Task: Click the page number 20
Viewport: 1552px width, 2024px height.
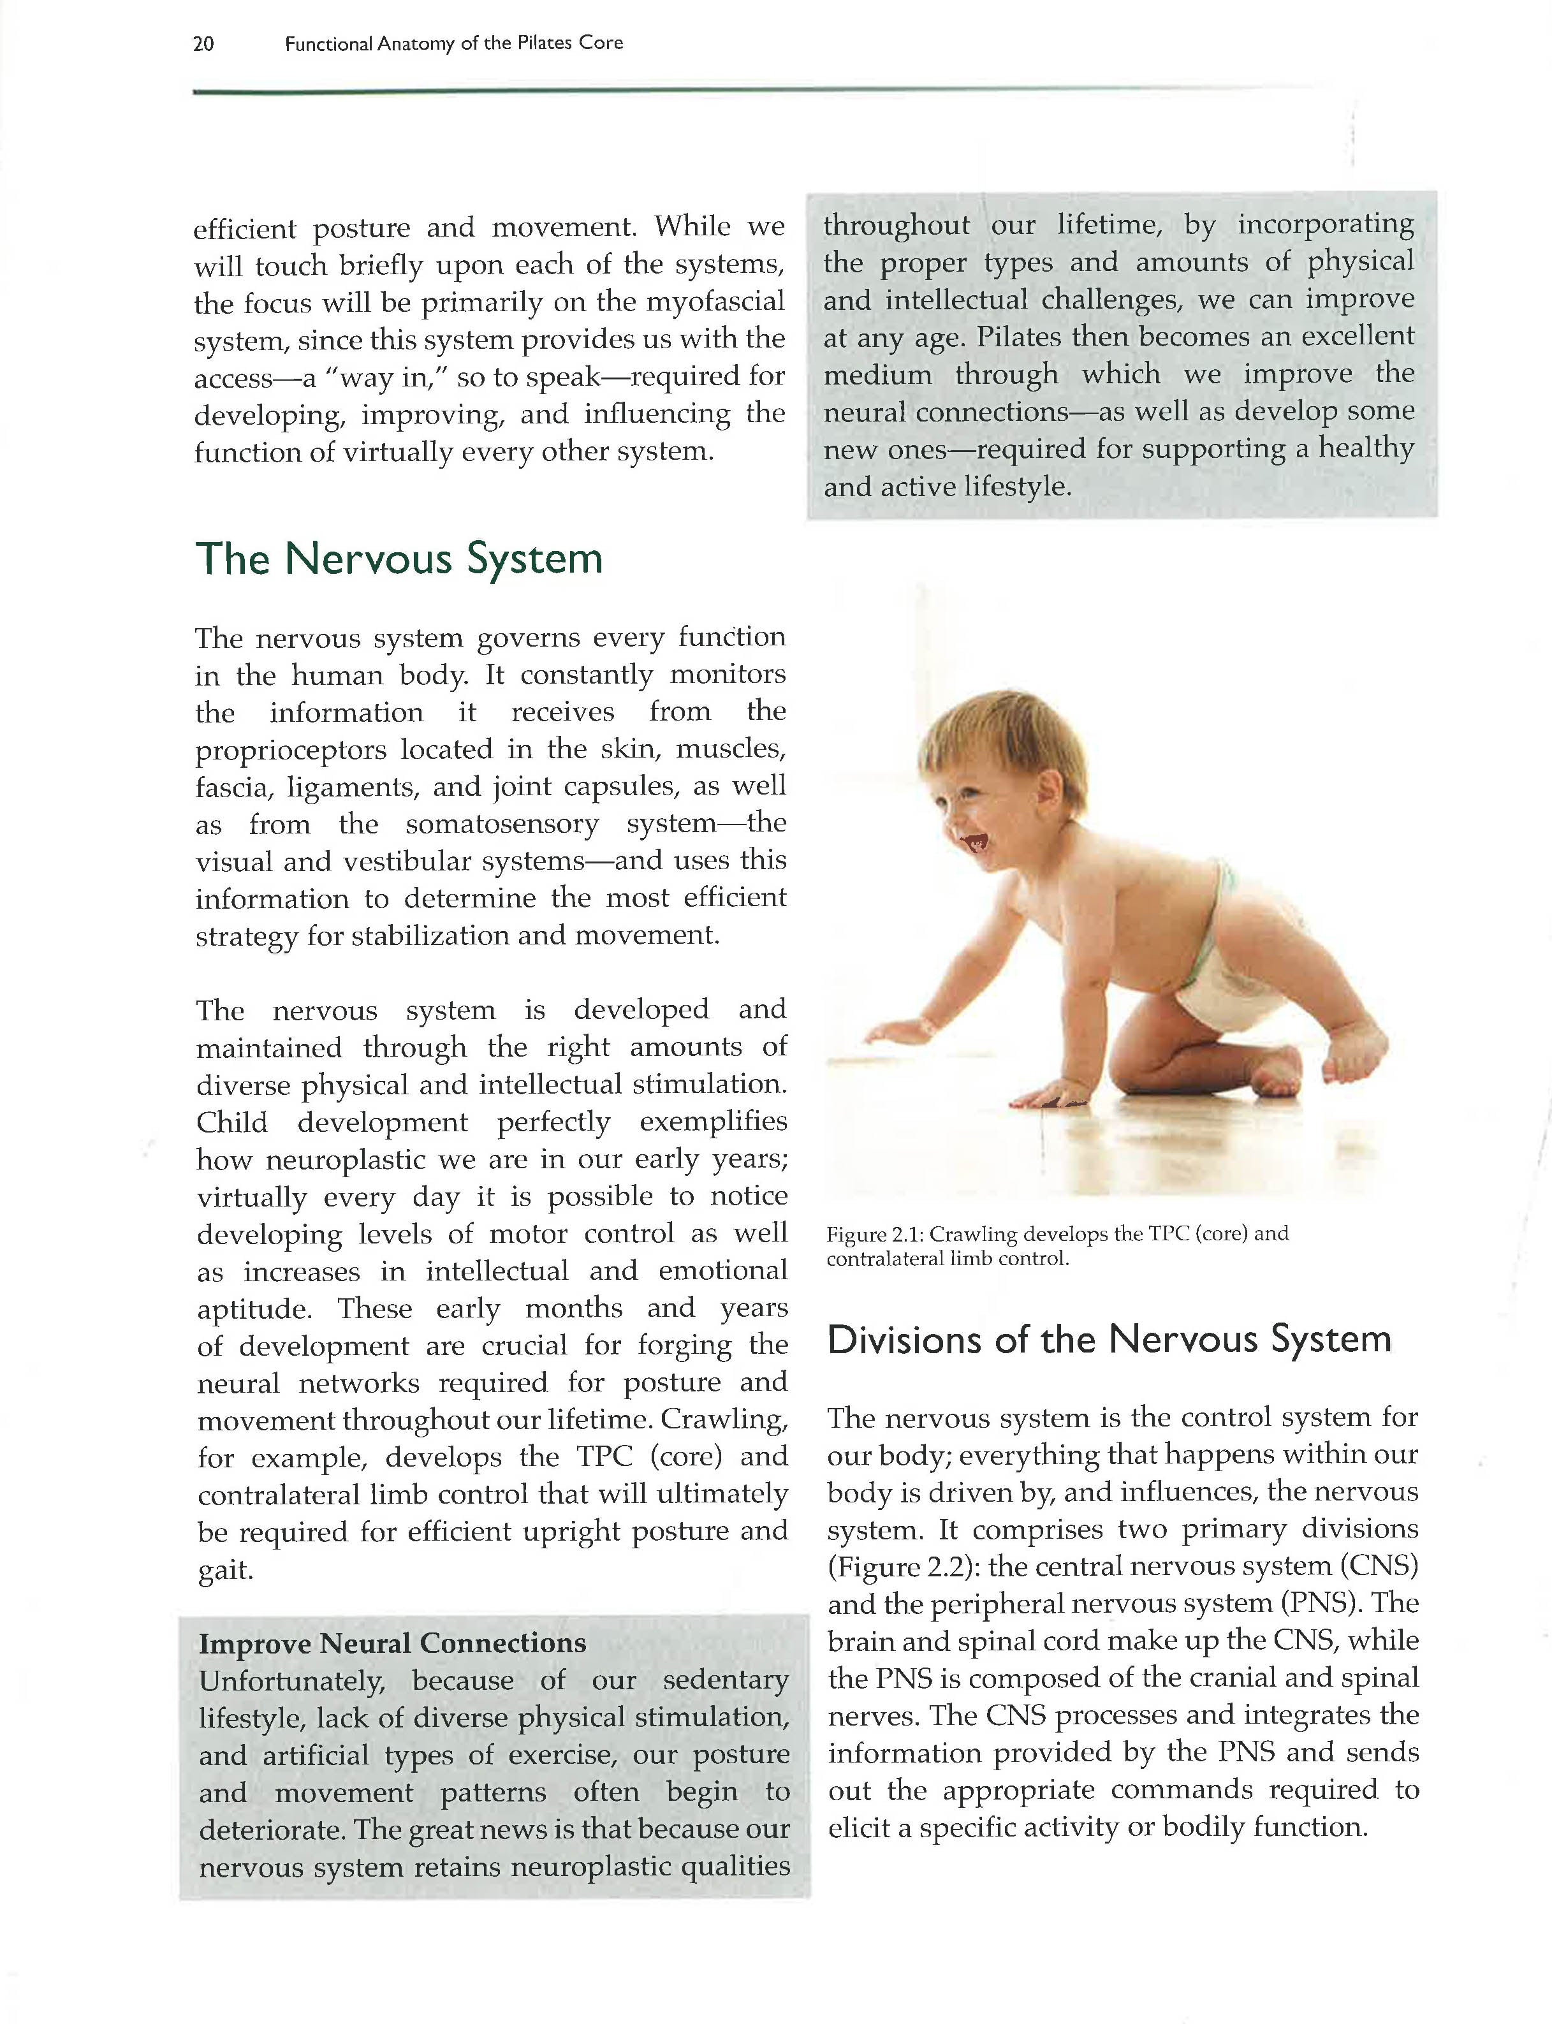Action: (x=203, y=43)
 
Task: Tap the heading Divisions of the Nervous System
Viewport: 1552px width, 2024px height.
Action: (x=1109, y=1340)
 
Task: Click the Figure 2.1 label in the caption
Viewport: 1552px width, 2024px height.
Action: (x=875, y=1234)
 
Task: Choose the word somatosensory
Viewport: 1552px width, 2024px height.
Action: (x=502, y=824)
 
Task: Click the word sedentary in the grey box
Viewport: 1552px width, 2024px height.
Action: (x=726, y=1680)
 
